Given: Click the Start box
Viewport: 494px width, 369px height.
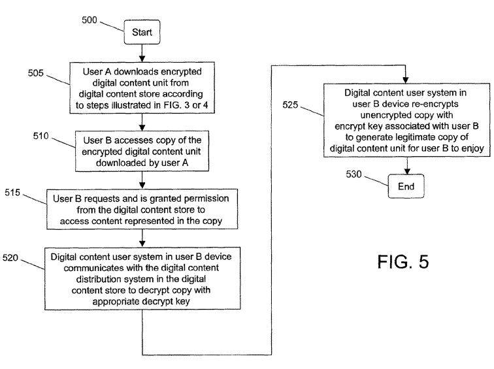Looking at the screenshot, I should [x=142, y=31].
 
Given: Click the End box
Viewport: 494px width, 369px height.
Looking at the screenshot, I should [x=406, y=187].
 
